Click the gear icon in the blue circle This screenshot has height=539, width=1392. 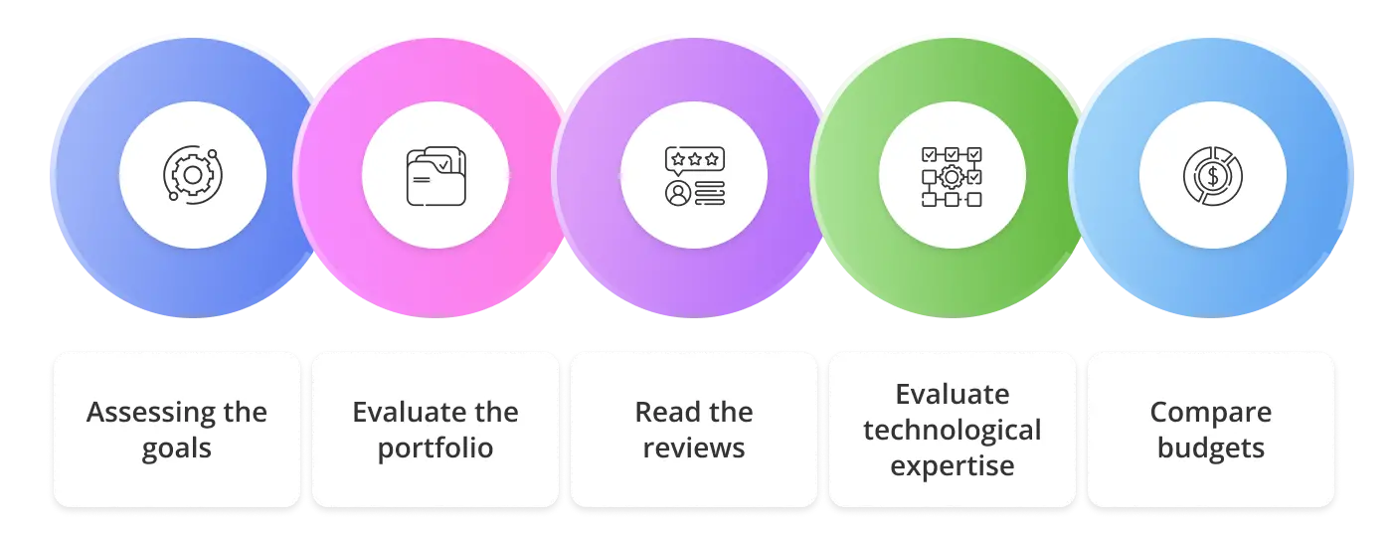click(x=192, y=175)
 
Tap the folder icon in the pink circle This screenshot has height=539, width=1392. click(x=435, y=176)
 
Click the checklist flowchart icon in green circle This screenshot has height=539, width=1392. click(x=953, y=176)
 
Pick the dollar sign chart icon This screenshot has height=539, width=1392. click(x=1212, y=176)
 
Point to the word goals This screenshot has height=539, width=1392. click(x=176, y=448)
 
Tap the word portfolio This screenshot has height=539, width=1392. click(x=435, y=448)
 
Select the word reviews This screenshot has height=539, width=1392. click(x=694, y=448)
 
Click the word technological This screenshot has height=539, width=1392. click(x=953, y=430)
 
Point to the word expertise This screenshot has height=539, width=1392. click(x=953, y=465)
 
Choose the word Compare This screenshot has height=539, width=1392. click(x=1211, y=412)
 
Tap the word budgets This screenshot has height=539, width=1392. click(x=1211, y=448)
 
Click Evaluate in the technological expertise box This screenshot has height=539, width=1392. click(x=953, y=394)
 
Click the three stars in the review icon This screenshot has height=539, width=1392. click(x=694, y=158)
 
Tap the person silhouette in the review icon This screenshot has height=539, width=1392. click(x=677, y=193)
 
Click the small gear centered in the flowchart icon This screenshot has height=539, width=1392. click(x=952, y=177)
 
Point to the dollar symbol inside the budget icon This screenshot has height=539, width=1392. click(x=1212, y=177)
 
